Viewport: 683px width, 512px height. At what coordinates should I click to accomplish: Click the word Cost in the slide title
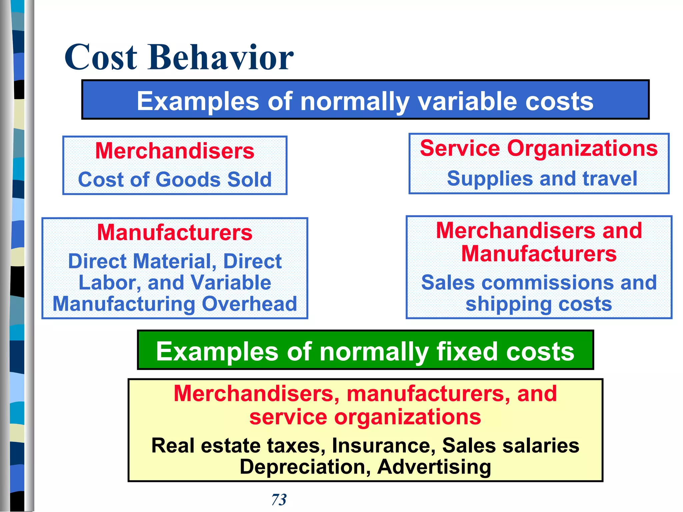[101, 57]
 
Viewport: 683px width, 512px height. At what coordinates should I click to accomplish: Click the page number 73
[279, 499]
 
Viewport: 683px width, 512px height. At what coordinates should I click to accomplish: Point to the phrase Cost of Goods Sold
[175, 179]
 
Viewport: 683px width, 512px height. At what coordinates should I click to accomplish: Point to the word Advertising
[434, 467]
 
